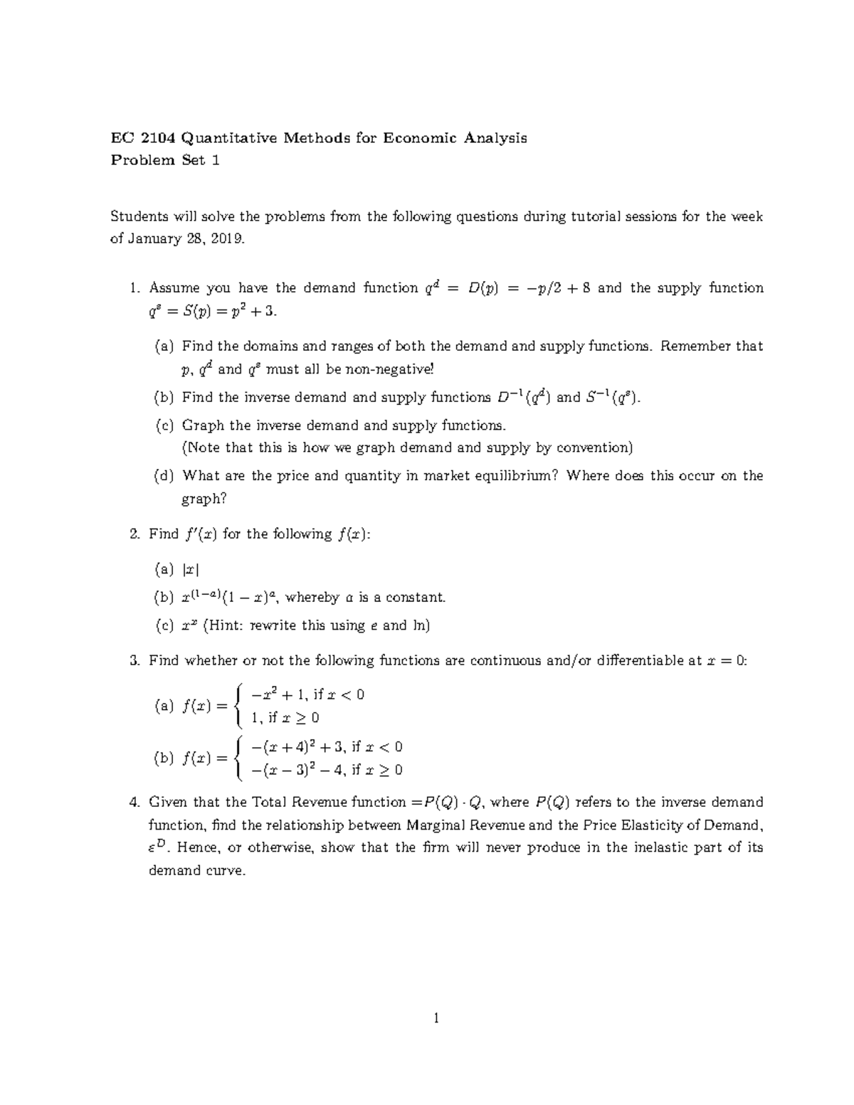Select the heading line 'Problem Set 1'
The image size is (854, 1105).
click(x=165, y=160)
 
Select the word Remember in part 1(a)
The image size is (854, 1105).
click(x=695, y=347)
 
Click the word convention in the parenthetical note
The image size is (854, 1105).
click(x=593, y=448)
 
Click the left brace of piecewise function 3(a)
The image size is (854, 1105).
click(x=240, y=706)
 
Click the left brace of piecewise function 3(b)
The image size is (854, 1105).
click(x=240, y=758)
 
